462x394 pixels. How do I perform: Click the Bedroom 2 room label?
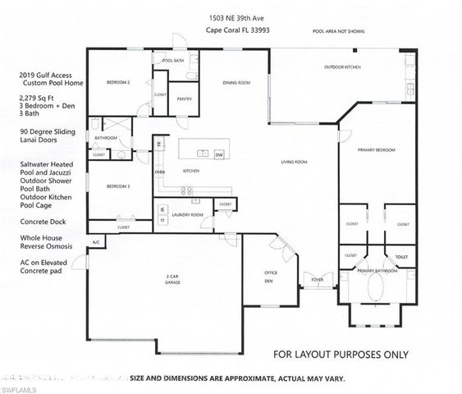[119, 83]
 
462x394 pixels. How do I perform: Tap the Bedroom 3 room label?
[119, 187]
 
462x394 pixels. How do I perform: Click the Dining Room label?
[237, 83]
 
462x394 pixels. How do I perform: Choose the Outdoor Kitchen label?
[341, 66]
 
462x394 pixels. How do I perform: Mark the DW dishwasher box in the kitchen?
[219, 154]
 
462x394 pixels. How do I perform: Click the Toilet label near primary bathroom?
[401, 256]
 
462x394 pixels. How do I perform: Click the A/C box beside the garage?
[96, 243]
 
